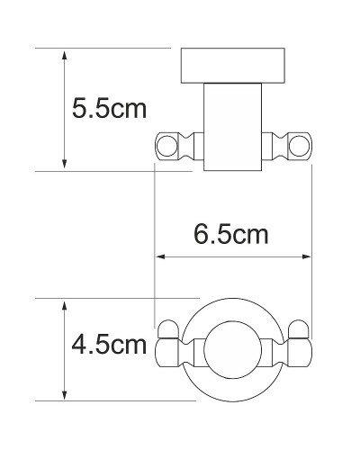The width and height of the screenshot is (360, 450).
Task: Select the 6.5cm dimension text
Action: pos(232,236)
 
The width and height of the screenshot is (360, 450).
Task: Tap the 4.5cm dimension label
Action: pos(108,345)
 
